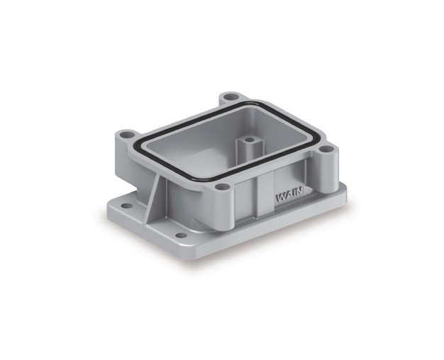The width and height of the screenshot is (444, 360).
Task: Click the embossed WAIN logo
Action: [289, 195]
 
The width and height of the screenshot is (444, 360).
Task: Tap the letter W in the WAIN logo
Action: [280, 198]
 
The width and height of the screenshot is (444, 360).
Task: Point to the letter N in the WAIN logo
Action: [299, 191]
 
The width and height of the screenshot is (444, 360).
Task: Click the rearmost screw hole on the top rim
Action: [231, 97]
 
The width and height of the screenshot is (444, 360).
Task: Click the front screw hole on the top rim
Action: [222, 186]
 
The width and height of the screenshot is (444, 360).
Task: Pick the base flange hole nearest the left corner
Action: [127, 206]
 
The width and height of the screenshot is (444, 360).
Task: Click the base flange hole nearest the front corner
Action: [181, 235]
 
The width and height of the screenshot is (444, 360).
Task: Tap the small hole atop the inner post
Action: [249, 140]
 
